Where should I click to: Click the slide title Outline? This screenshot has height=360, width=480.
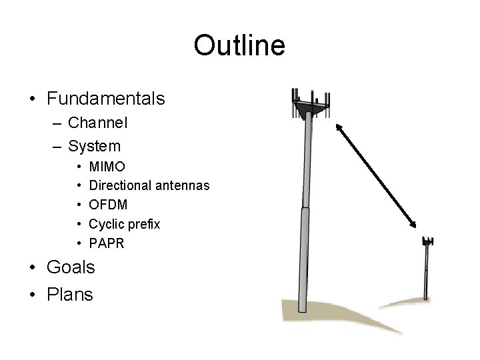click(239, 45)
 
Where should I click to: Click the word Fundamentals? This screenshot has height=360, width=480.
click(105, 99)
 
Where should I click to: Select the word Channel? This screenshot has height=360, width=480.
click(98, 123)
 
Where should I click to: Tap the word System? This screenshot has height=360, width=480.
click(95, 145)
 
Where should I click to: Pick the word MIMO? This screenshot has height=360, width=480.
click(107, 165)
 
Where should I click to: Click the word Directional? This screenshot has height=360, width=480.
click(122, 185)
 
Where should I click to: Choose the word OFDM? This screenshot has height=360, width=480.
click(108, 205)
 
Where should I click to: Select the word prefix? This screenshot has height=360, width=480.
click(144, 224)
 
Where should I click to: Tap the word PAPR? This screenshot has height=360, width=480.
click(107, 243)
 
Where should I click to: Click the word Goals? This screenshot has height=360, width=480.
click(71, 267)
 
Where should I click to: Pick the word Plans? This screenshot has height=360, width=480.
click(70, 294)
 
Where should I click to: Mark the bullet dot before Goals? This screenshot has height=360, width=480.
click(33, 268)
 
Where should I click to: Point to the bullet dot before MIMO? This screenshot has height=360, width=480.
click(79, 166)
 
